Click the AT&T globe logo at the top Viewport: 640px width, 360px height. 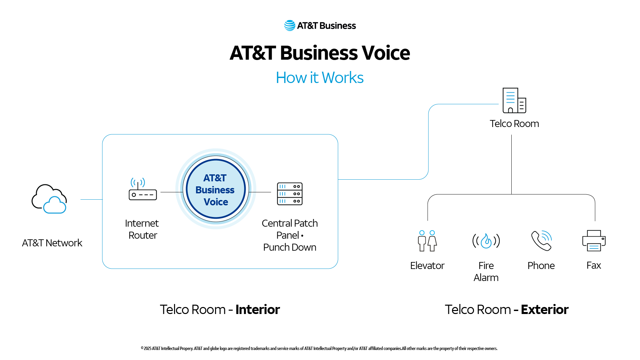290,26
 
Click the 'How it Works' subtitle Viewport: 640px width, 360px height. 320,78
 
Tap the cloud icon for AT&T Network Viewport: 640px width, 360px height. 49,199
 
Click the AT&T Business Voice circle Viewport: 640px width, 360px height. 216,189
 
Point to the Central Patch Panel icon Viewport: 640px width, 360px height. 290,194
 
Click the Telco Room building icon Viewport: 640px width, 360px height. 514,100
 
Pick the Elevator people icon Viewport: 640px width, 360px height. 427,241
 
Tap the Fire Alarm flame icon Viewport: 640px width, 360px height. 486,241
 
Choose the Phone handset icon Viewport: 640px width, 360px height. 541,240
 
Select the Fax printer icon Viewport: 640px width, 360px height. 594,241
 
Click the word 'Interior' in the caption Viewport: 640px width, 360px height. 258,310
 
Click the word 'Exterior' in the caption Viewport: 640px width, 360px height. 545,310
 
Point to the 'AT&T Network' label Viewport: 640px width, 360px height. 52,243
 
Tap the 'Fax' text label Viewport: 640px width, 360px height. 594,265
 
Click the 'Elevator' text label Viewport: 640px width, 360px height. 427,266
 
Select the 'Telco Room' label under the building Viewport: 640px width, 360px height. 514,124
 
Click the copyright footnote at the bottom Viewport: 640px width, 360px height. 319,348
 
